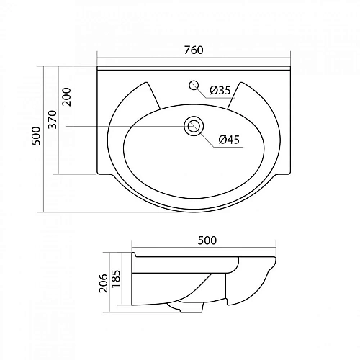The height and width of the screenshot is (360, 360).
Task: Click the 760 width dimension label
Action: (x=194, y=50)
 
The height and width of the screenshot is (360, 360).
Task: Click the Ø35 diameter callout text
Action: (x=220, y=90)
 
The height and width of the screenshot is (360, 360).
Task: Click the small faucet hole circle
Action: (x=192, y=85)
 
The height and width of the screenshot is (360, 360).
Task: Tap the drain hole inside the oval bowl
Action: (x=192, y=127)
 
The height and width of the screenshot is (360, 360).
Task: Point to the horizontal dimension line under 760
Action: (x=193, y=59)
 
